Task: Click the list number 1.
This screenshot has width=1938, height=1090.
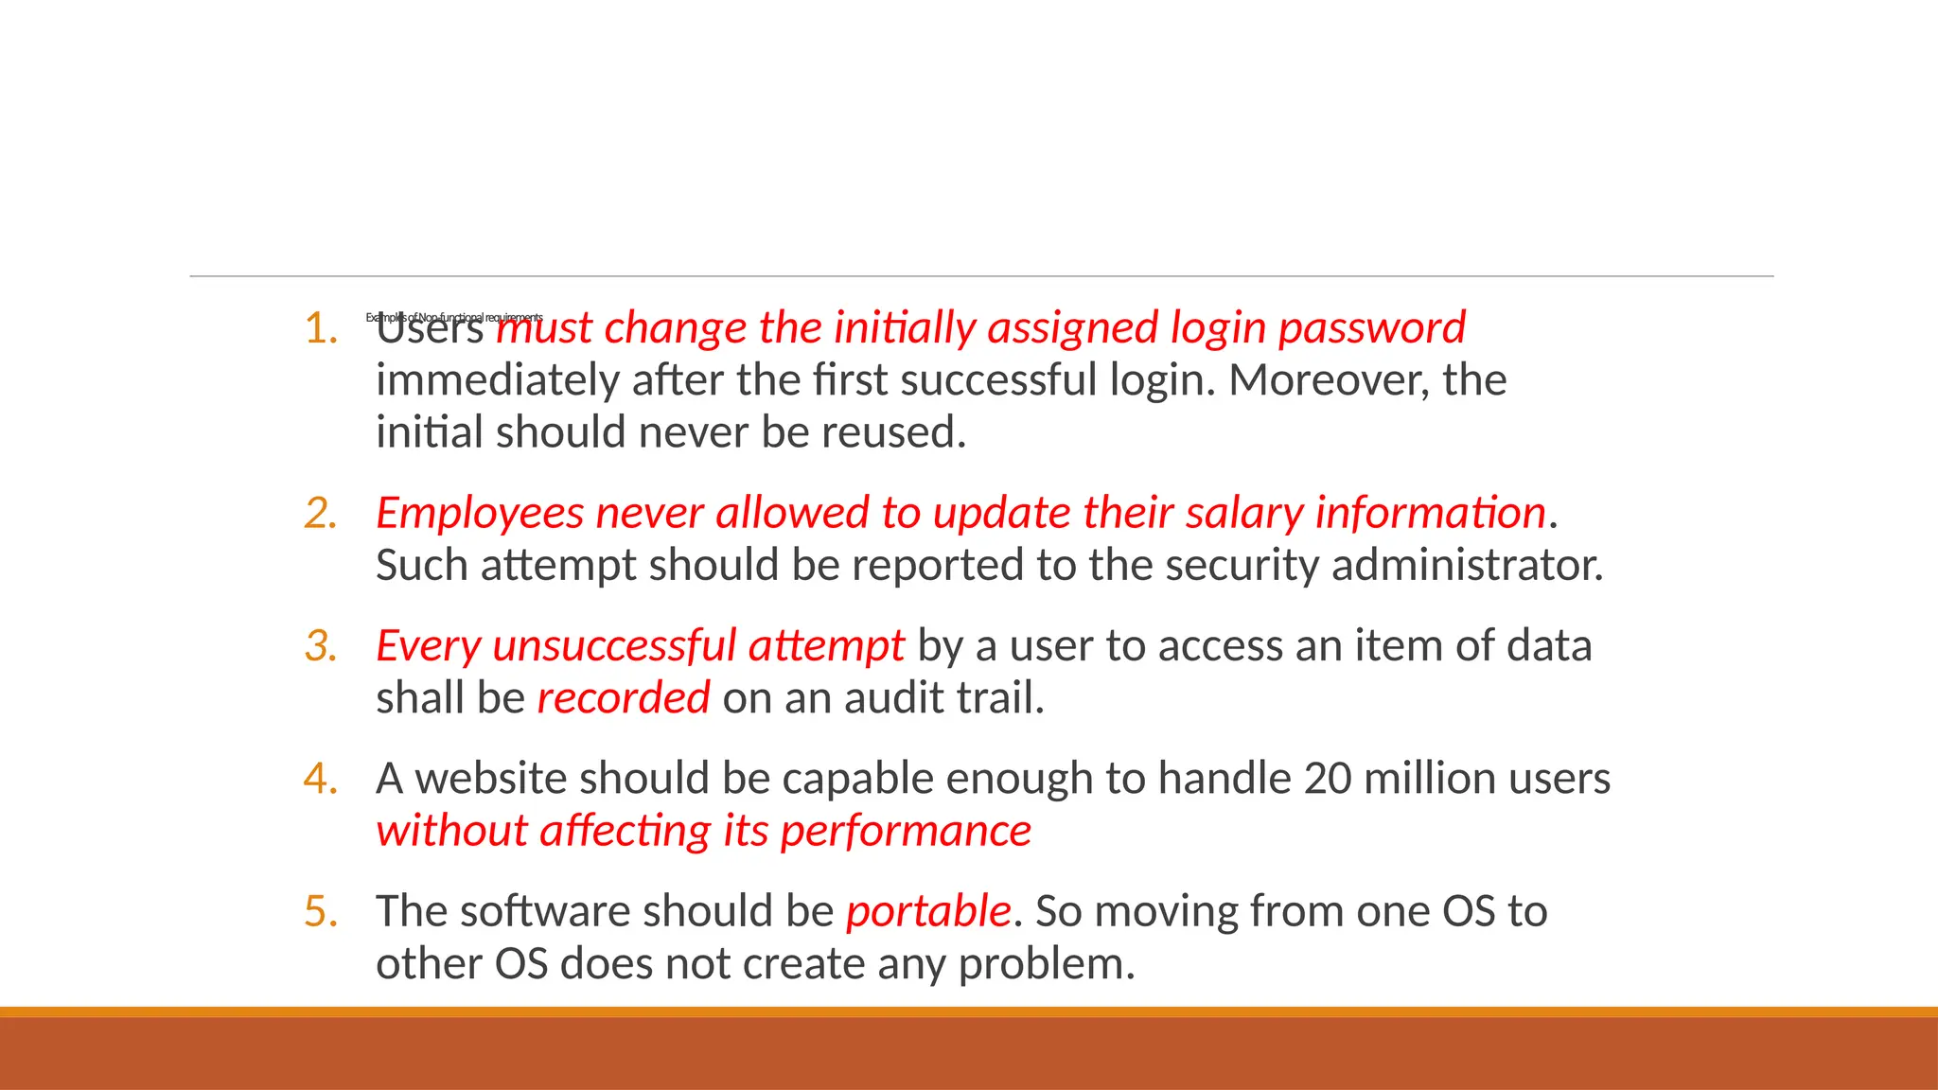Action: (321, 329)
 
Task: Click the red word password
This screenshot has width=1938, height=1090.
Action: (1371, 329)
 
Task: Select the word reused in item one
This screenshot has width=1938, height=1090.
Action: (893, 433)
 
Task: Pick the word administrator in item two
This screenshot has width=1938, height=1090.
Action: (1467, 566)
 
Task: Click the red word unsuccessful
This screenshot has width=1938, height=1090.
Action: (614, 646)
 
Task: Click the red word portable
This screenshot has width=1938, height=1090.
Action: (928, 912)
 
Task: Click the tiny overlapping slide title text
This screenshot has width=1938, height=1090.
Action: (454, 318)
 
